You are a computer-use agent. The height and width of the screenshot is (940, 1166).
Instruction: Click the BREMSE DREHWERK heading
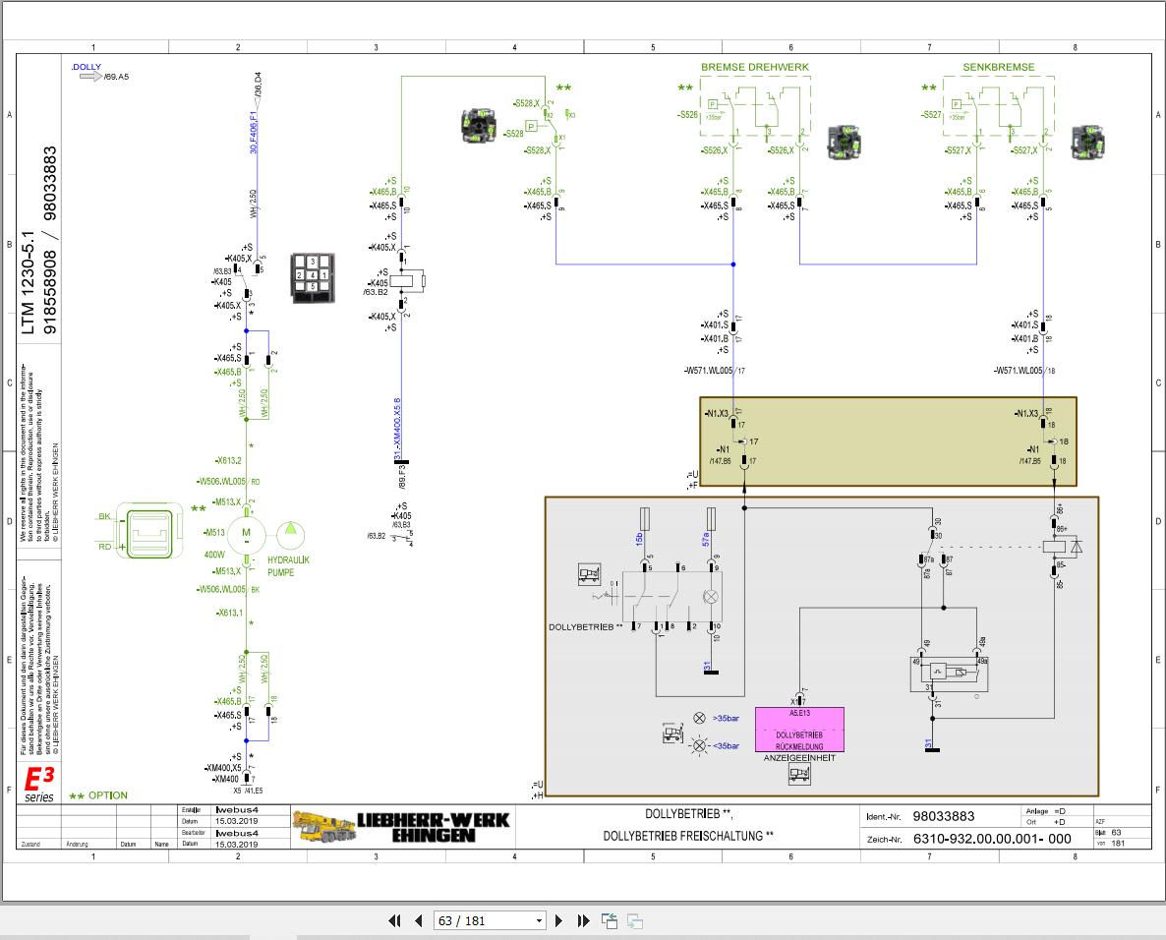pyautogui.click(x=755, y=67)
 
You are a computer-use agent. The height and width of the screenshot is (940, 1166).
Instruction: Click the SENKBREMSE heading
pyautogui.click(x=998, y=67)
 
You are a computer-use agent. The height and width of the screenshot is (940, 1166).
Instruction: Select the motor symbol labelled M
pyautogui.click(x=247, y=534)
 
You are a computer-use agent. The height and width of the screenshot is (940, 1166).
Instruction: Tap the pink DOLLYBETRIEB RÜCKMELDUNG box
pyautogui.click(x=799, y=730)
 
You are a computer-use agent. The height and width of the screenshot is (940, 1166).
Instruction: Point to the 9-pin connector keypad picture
pyautogui.click(x=312, y=277)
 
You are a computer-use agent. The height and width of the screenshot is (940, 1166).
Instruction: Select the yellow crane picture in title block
pyautogui.click(x=322, y=827)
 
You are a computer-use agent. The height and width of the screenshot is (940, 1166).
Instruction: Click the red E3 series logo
pyautogui.click(x=39, y=783)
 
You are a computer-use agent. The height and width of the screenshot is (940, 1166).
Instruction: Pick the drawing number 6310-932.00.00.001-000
pyautogui.click(x=992, y=839)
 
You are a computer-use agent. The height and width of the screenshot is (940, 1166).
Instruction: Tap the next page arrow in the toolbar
pyautogui.click(x=559, y=920)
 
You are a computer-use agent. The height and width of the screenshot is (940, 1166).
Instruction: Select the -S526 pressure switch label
pyautogui.click(x=687, y=115)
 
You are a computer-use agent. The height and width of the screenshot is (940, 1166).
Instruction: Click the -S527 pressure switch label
pyautogui.click(x=932, y=115)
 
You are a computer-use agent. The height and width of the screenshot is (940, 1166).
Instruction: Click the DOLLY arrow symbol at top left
pyautogui.click(x=90, y=76)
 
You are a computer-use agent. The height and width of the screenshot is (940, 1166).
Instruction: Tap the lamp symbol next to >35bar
pyautogui.click(x=699, y=718)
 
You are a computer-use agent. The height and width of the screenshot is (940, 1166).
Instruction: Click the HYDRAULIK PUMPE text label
pyautogui.click(x=288, y=565)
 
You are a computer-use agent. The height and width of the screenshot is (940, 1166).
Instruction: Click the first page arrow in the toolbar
pyautogui.click(x=395, y=920)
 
